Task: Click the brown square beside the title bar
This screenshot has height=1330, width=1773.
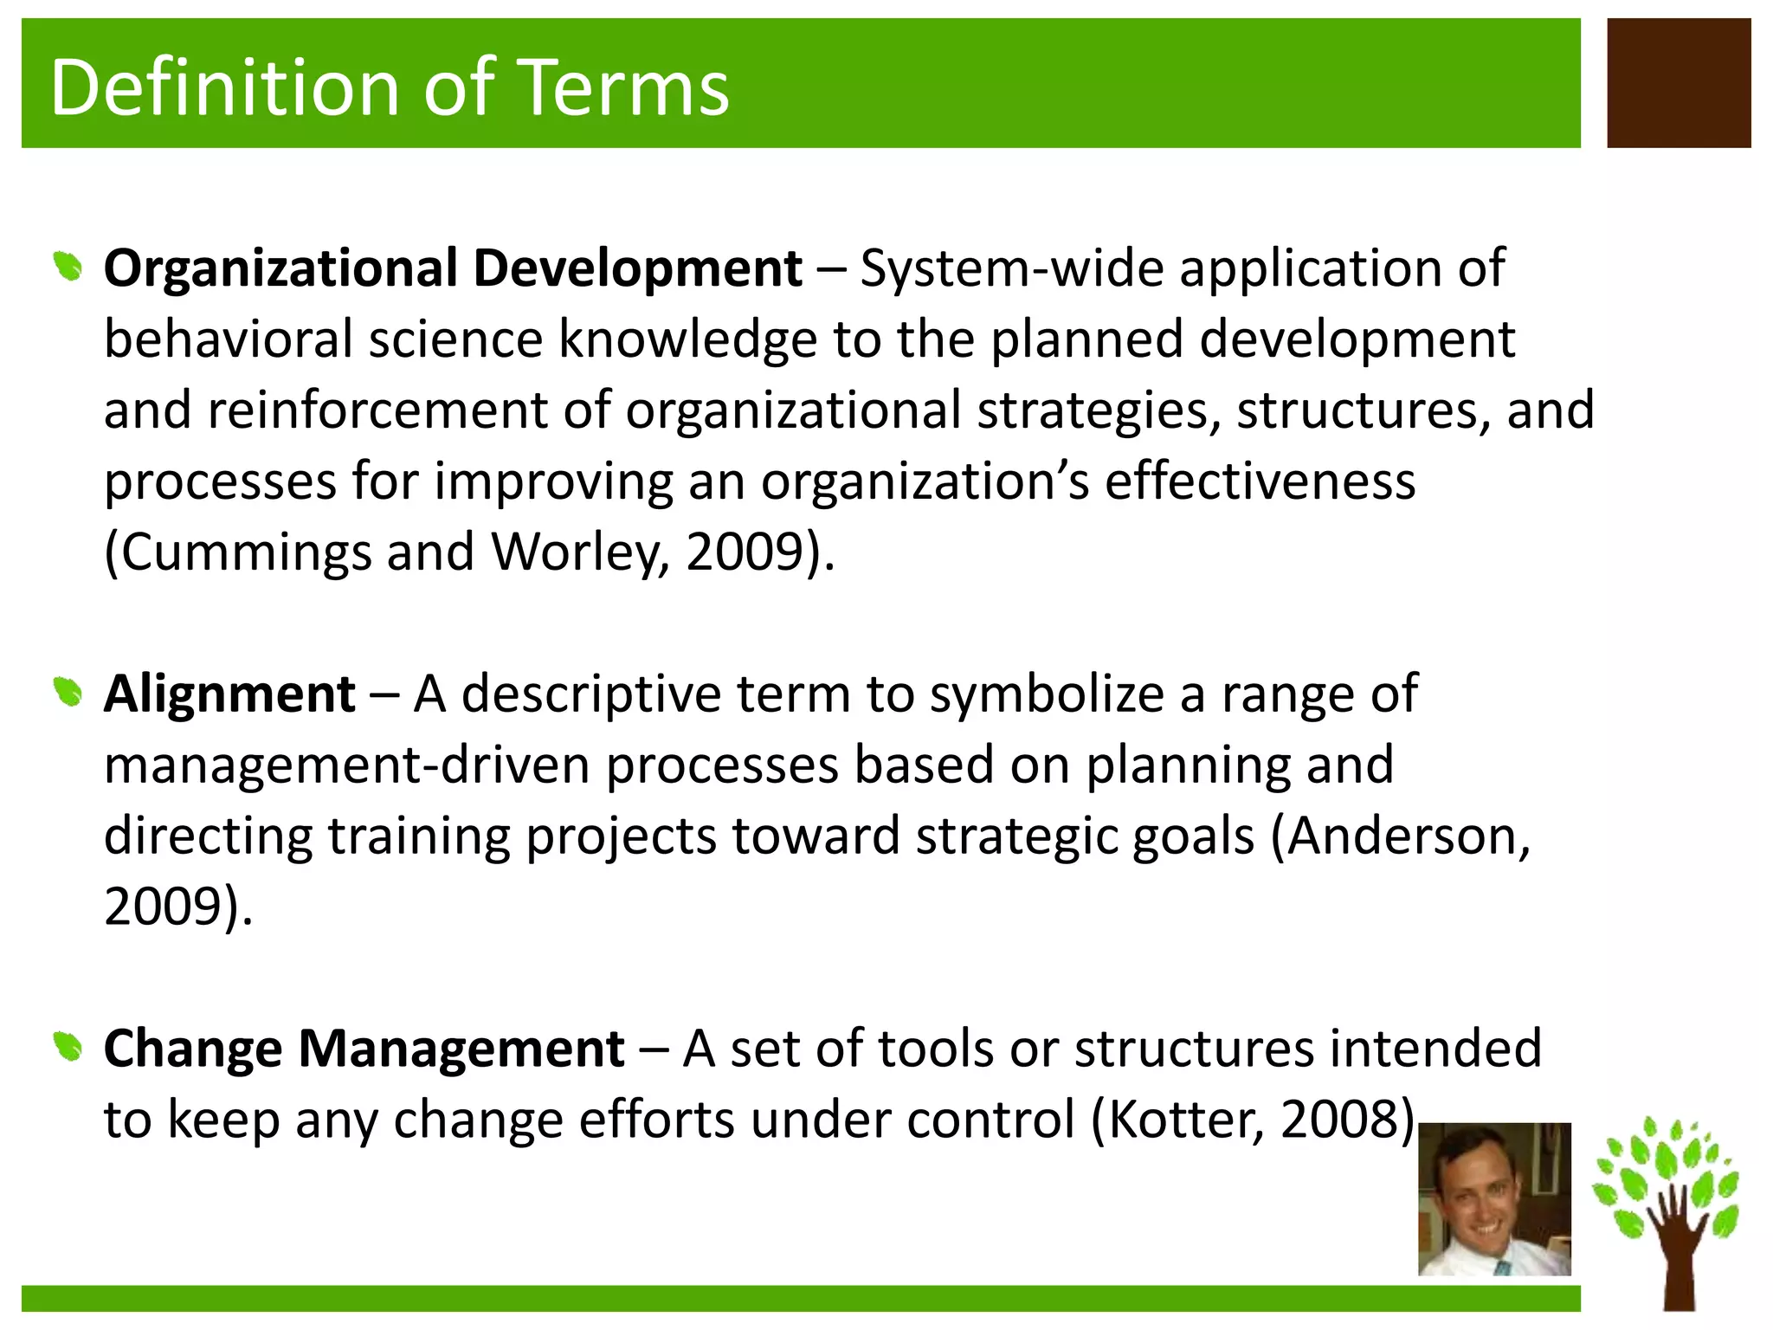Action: point(1679,83)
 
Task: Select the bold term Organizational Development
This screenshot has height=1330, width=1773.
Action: point(452,268)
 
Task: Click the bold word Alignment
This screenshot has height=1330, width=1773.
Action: point(229,694)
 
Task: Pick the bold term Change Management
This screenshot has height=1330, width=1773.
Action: point(364,1049)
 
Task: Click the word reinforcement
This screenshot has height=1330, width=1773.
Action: point(377,410)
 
